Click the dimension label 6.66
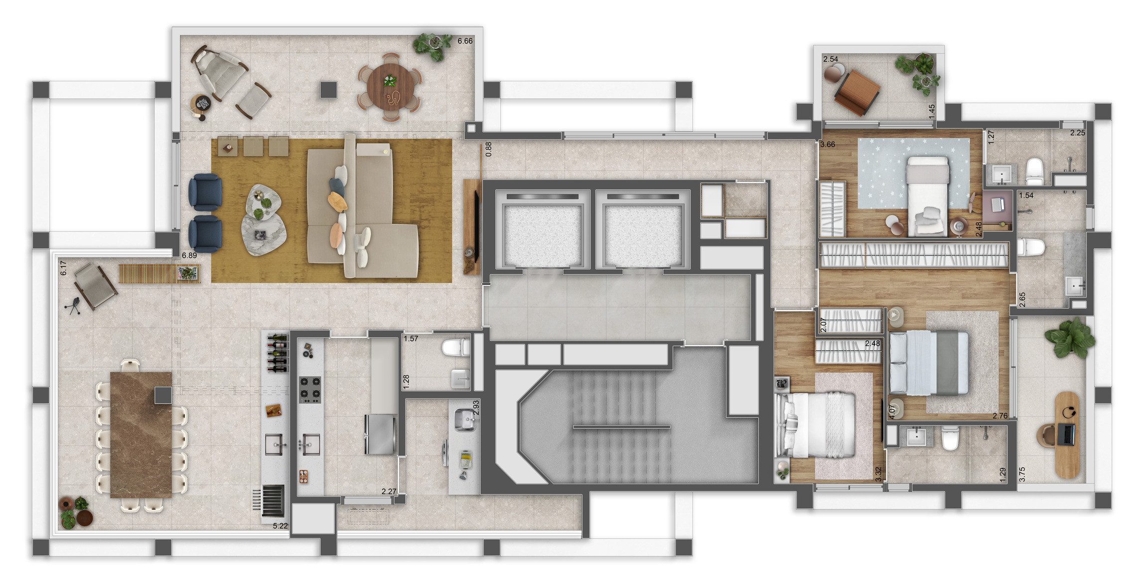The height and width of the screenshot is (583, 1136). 465,41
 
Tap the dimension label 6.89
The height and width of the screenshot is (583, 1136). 189,255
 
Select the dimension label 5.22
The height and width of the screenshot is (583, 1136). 280,526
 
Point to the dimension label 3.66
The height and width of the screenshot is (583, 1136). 828,145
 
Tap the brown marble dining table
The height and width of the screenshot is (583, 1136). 141,435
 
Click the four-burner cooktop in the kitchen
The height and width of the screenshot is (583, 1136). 309,390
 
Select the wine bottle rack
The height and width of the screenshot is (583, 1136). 278,353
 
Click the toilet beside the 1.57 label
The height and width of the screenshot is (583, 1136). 456,347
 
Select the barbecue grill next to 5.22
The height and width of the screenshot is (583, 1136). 273,500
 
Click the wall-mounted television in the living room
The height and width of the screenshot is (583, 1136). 477,227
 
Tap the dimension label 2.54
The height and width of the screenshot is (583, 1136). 831,59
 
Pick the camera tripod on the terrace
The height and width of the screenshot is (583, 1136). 74,305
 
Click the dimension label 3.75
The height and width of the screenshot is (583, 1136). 1022,474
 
